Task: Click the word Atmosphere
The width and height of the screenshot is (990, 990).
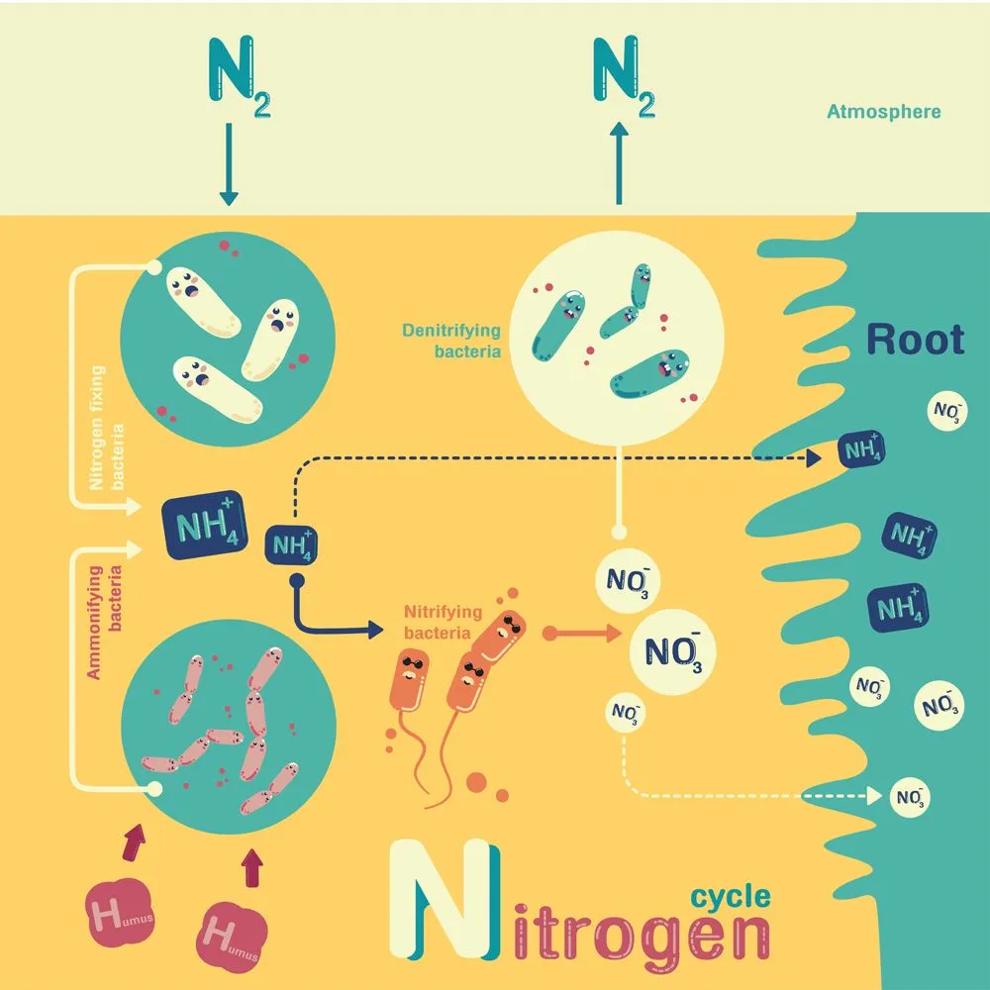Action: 883,112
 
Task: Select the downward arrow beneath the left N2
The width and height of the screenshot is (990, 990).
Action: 228,163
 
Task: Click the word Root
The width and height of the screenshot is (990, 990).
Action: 915,340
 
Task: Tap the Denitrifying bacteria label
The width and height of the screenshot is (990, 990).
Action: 451,340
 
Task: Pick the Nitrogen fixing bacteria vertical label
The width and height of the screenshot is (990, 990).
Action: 109,429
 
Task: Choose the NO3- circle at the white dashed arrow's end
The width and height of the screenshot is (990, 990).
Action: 910,796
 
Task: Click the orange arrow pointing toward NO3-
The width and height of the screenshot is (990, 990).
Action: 584,632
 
